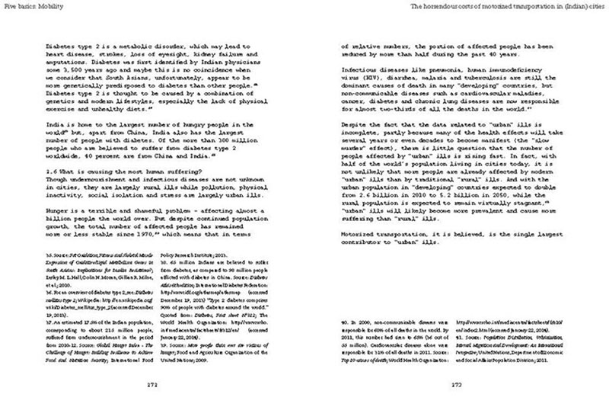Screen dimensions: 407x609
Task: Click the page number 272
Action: click(x=151, y=385)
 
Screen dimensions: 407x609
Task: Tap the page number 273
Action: click(x=457, y=385)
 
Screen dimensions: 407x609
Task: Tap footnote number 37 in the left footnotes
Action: click(x=51, y=324)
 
